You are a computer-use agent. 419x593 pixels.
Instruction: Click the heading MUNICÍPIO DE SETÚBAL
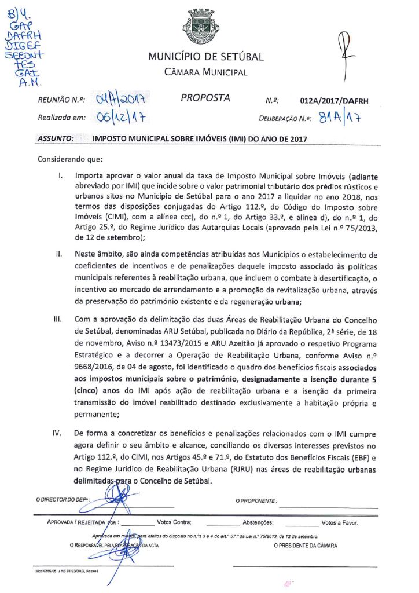coord(206,57)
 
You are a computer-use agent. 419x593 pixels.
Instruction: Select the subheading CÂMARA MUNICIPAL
coord(206,72)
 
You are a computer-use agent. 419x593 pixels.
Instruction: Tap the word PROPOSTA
coord(205,98)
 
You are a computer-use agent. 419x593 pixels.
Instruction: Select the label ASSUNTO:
coord(56,139)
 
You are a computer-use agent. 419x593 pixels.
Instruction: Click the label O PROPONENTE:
coord(256,500)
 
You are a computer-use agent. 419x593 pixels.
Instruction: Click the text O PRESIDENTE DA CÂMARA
coord(305,546)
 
